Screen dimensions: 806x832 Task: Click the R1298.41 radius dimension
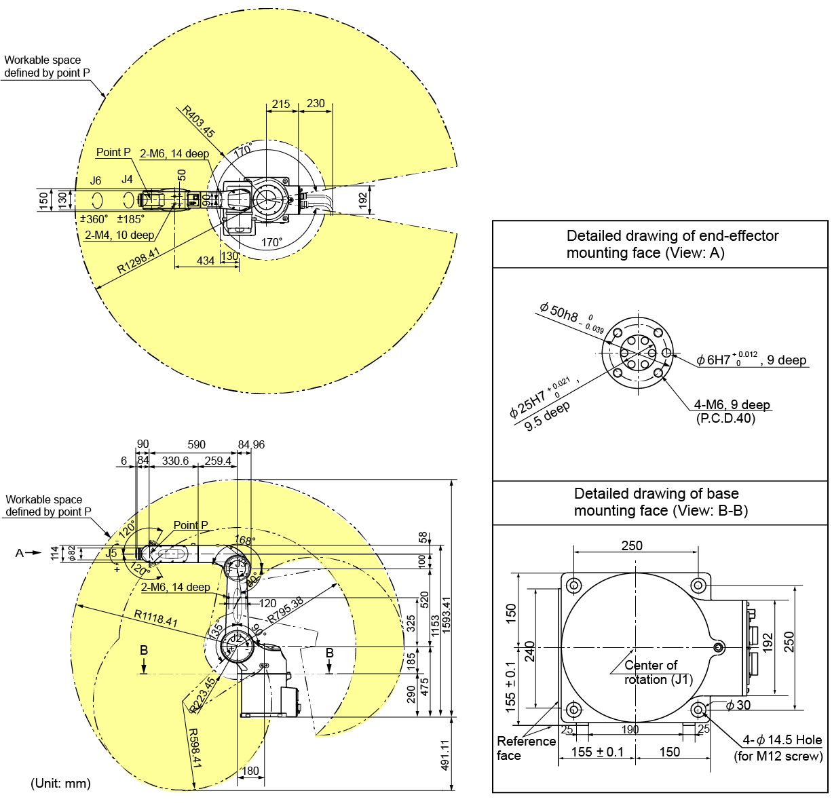138,261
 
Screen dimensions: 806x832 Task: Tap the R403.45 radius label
198,122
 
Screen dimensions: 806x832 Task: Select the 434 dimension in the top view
205,261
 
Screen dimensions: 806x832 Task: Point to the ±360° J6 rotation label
94,219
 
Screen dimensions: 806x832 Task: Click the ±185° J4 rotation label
130,219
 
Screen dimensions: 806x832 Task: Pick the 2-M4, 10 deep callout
119,235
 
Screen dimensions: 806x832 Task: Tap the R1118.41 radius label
155,618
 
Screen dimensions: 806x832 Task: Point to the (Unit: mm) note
60,784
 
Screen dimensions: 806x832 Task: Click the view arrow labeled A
27,553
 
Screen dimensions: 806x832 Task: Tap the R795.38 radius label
285,610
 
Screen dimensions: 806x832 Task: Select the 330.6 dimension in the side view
175,461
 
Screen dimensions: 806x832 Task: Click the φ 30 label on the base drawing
739,705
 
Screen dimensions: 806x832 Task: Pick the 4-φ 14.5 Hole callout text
782,740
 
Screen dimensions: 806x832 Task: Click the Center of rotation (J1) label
651,672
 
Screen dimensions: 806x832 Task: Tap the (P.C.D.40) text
725,419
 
